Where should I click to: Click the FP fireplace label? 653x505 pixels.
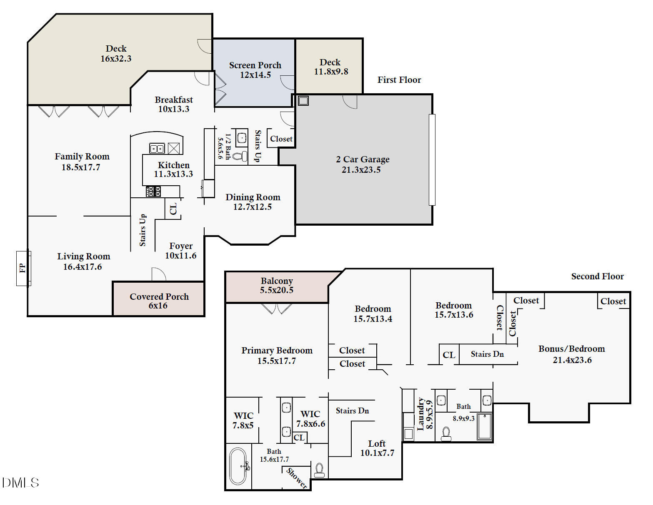click(x=23, y=268)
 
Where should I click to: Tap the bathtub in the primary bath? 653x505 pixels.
click(x=238, y=466)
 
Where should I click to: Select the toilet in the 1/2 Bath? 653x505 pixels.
click(x=239, y=157)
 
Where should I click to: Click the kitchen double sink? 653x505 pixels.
click(x=157, y=148)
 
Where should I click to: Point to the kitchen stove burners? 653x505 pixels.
click(x=153, y=192)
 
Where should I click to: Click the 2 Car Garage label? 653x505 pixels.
click(x=363, y=159)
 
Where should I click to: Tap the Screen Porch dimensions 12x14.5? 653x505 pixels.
click(x=255, y=75)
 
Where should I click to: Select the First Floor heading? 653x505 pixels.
click(x=399, y=80)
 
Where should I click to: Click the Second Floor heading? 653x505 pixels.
click(x=597, y=276)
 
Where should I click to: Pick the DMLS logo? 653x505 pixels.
click(x=20, y=483)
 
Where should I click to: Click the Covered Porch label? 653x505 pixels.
click(x=159, y=297)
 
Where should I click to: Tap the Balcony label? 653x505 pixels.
click(x=277, y=281)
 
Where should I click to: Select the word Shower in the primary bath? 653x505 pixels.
click(x=297, y=478)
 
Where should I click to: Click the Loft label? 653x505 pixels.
click(x=377, y=444)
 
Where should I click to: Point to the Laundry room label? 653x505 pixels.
click(x=421, y=414)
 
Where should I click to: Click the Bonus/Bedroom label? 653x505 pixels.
click(x=571, y=349)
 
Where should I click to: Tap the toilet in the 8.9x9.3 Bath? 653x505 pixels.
click(x=446, y=434)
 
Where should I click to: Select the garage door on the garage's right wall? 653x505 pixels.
click(x=432, y=160)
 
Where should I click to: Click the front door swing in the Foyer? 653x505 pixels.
click(x=159, y=275)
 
